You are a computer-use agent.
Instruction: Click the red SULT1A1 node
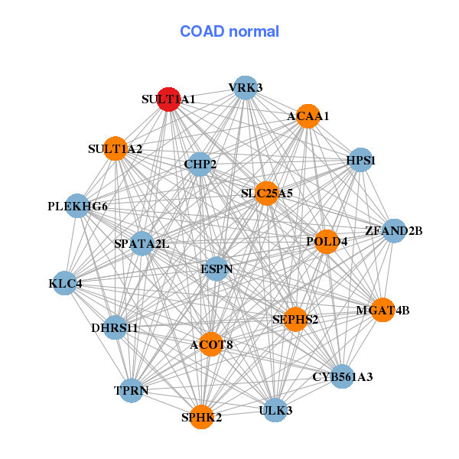168,99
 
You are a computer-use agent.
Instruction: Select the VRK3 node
246,88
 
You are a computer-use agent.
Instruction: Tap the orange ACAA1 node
308,116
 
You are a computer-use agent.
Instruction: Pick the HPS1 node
361,160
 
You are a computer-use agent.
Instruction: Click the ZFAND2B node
394,231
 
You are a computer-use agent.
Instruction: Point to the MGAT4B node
382,310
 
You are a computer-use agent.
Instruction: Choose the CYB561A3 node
342,376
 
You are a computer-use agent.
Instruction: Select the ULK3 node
275,410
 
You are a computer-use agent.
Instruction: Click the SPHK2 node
201,417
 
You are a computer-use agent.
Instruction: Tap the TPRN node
132,390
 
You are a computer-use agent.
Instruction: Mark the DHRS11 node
115,327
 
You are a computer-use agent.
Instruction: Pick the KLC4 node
65,283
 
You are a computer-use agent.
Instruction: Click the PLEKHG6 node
77,206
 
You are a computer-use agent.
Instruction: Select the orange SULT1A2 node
116,148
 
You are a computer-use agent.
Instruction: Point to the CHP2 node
200,164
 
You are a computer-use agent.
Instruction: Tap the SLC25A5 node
267,194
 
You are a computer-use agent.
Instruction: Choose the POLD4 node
327,242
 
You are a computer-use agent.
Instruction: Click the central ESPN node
216,269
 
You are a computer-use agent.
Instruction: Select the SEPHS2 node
295,319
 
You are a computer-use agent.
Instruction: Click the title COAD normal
229,31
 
